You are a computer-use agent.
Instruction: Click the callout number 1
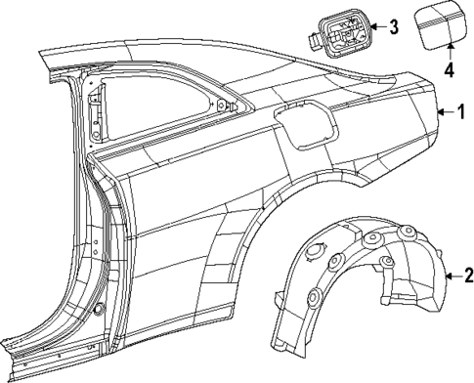460,113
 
